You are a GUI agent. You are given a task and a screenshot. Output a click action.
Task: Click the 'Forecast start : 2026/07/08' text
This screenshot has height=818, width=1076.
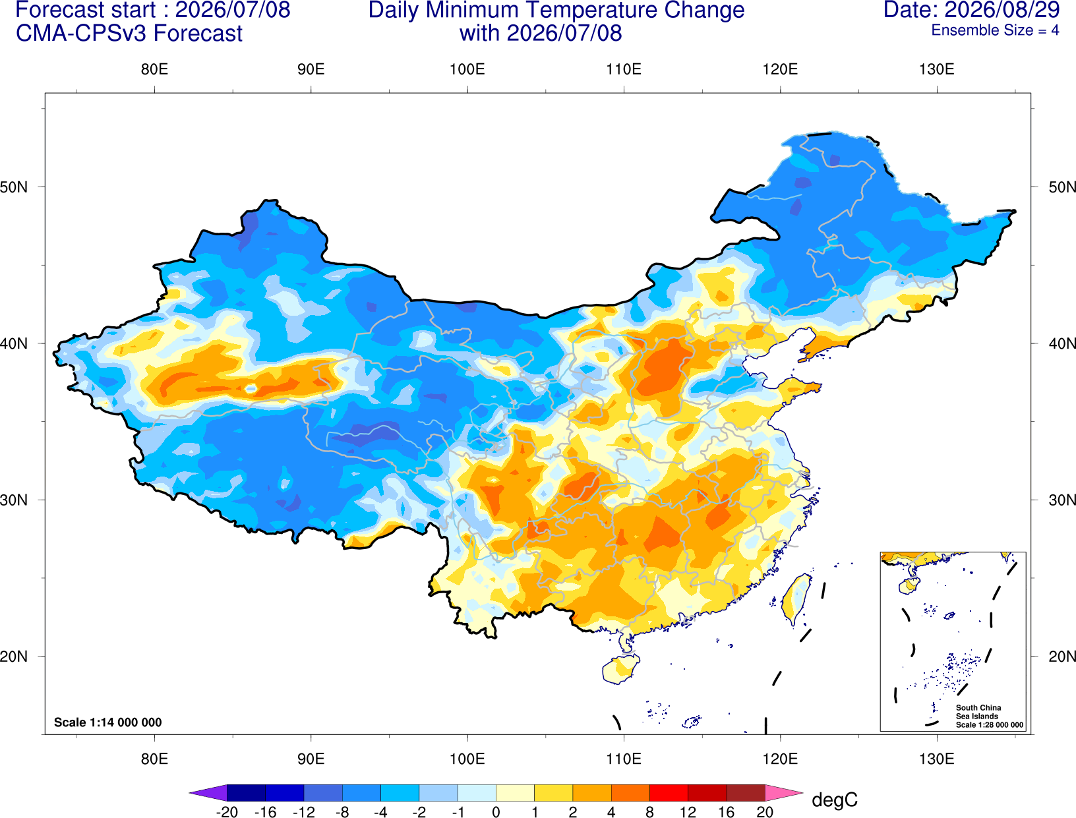click(153, 10)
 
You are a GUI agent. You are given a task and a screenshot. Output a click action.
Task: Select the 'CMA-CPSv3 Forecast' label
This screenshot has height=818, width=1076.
click(129, 34)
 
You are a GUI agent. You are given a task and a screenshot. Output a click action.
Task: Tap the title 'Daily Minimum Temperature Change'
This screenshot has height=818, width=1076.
click(556, 10)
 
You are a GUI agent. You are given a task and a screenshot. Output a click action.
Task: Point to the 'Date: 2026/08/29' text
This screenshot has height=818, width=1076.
click(971, 10)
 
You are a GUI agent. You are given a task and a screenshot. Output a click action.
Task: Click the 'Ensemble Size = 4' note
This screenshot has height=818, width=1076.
click(995, 30)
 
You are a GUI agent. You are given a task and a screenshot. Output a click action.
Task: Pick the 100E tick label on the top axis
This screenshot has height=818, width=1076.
click(467, 69)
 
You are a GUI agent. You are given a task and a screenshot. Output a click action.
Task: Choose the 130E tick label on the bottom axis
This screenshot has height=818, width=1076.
click(936, 759)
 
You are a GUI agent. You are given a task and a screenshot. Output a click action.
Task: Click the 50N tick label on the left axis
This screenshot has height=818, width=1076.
click(14, 187)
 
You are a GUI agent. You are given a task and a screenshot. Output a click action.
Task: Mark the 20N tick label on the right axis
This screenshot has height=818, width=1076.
click(1061, 657)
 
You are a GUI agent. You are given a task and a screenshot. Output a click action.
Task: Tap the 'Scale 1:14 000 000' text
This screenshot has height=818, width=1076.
click(108, 722)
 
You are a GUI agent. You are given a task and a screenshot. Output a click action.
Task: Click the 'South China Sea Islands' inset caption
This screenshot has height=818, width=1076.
click(978, 712)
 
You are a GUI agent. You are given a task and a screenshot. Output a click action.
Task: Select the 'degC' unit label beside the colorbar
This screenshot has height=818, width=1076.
click(834, 800)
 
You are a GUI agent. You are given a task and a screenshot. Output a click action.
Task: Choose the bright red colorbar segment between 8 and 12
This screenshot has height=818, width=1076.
click(669, 792)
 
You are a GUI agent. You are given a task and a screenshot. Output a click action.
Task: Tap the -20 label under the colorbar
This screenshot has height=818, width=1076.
click(227, 812)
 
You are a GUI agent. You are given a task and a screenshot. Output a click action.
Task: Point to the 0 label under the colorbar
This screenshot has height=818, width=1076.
click(496, 812)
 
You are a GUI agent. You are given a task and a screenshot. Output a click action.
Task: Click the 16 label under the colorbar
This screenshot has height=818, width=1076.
click(727, 812)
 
